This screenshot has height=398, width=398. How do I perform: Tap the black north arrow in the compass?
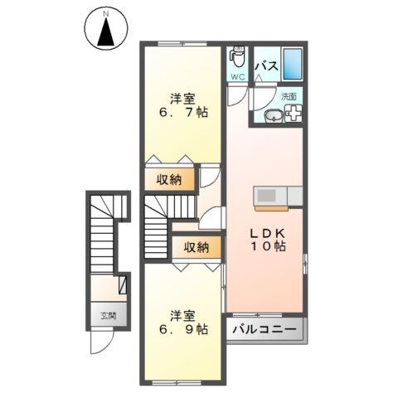(x=106, y=35)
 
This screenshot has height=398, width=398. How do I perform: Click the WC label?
(x=238, y=78)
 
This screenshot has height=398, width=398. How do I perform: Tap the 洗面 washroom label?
(x=289, y=97)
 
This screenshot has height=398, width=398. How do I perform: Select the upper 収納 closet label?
(x=170, y=178)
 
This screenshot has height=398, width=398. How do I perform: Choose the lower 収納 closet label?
(x=197, y=247)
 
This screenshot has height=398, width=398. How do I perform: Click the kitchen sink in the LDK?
(x=268, y=196)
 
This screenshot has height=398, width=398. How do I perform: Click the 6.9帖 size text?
(x=181, y=330)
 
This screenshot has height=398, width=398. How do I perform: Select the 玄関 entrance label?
(x=108, y=316)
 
